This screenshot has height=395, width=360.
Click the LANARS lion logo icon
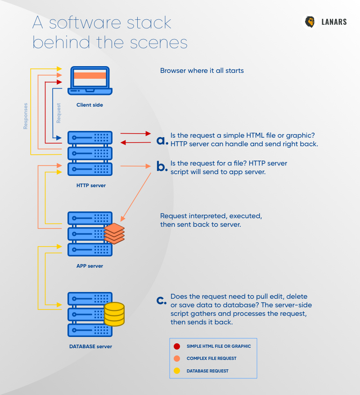pos(310,22)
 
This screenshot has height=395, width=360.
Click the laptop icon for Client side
pos(90,81)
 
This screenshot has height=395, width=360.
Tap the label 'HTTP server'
pos(91,185)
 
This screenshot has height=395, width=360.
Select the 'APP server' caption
pos(90,266)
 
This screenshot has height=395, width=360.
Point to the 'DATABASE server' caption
pos(90,346)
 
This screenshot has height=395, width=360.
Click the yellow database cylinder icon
pos(114,314)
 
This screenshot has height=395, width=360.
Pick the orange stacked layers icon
pos(114,233)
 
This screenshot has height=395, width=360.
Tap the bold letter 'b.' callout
pos(162,167)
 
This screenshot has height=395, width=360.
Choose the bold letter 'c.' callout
pos(162,301)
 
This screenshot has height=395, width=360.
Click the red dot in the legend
pos(177,346)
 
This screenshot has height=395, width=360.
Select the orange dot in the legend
pos(177,359)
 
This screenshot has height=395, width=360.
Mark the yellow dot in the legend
pos(177,371)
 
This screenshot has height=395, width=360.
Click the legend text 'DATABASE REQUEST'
pos(207,371)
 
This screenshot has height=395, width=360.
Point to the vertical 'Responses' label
pos(26,116)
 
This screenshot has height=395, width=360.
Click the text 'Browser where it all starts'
pos(202,71)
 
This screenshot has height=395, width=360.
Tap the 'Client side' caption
pos(90,105)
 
